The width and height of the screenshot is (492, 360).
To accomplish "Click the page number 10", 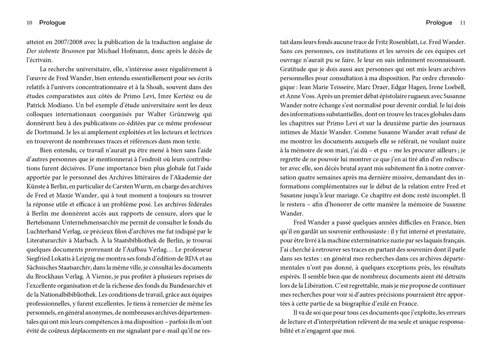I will click(29, 23).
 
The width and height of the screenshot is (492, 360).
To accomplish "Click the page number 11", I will click(463, 23).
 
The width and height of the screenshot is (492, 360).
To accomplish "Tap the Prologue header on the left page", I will click(52, 23).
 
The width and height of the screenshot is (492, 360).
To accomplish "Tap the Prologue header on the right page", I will click(439, 23).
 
